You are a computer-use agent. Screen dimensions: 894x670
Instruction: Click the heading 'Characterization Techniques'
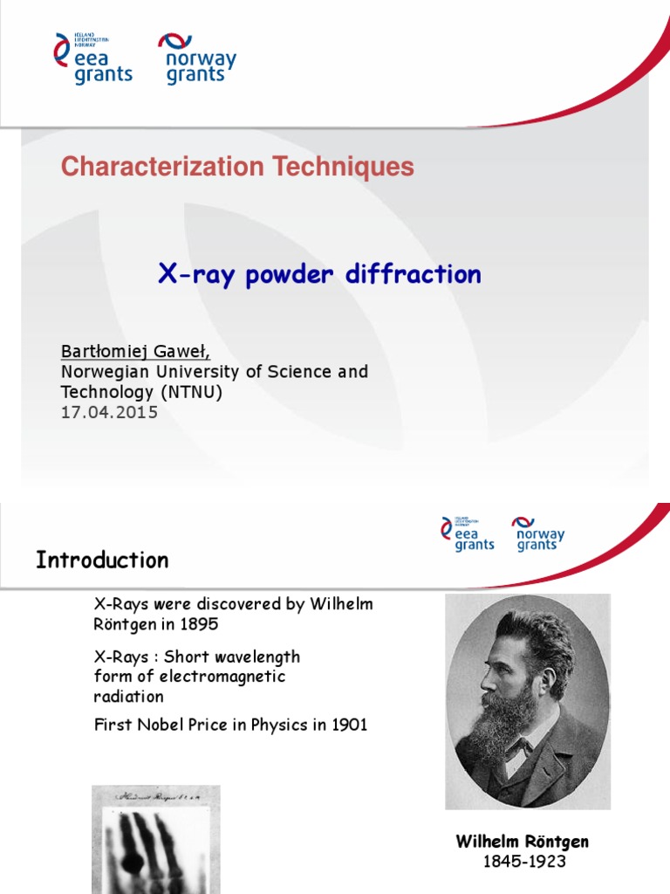pos(237,167)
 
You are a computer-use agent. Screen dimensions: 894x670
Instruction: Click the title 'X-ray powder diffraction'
pos(319,275)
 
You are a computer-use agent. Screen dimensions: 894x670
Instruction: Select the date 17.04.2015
pos(109,413)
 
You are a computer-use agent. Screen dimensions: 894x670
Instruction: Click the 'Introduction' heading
pos(102,560)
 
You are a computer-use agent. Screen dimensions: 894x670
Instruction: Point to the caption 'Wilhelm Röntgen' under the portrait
pos(522,842)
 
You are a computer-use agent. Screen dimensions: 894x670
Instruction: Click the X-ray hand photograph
pos(156,838)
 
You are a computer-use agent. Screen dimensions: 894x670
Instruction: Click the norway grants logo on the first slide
pos(196,58)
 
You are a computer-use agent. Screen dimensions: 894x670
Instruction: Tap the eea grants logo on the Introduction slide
pos(468,533)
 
